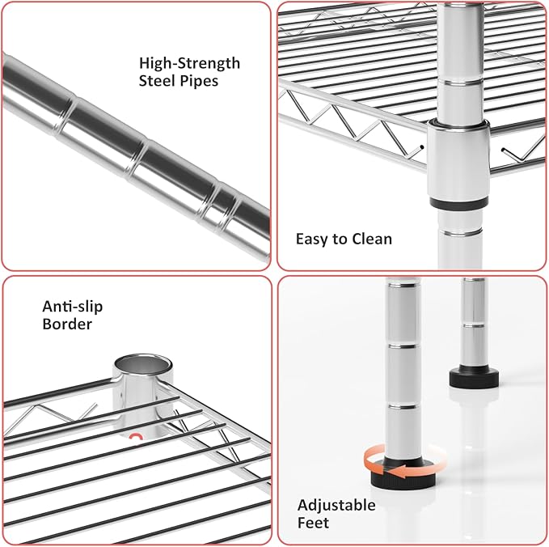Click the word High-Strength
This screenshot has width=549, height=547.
[x=189, y=63]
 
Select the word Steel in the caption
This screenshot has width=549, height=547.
[x=157, y=80]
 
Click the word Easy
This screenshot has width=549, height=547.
[x=312, y=240]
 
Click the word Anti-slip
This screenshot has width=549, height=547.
[x=73, y=307]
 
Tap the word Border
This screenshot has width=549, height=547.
[x=67, y=324]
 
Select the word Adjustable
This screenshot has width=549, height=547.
[x=336, y=506]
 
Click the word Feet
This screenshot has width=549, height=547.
[x=313, y=523]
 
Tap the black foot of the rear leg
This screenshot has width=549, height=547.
[x=474, y=377]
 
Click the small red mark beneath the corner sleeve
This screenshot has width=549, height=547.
[x=135, y=436]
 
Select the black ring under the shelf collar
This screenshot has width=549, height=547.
[x=458, y=203]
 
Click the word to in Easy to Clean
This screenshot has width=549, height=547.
[x=340, y=240]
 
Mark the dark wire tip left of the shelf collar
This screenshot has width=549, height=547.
[x=422, y=147]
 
